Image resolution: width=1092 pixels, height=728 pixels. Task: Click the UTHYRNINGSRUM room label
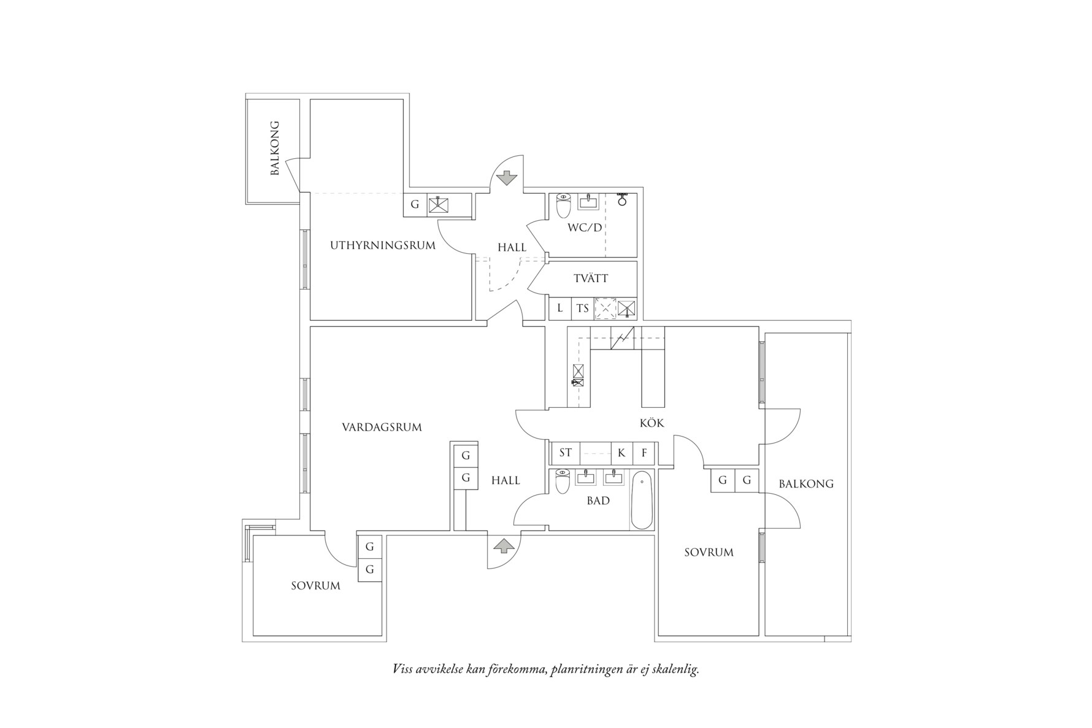click(x=383, y=246)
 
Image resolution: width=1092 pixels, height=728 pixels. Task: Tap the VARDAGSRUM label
click(x=382, y=427)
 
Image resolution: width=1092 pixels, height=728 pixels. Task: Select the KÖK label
click(x=652, y=423)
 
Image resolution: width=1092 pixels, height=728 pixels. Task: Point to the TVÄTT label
click(x=591, y=278)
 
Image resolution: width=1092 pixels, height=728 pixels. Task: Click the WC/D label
click(x=585, y=228)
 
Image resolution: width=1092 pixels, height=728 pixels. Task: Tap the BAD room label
click(x=598, y=501)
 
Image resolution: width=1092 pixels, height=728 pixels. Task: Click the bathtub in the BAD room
click(x=641, y=500)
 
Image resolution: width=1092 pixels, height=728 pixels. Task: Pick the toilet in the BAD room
click(x=563, y=481)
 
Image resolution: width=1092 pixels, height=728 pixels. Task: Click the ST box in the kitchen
click(x=565, y=453)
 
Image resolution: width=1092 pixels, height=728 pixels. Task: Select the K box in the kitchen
click(x=621, y=453)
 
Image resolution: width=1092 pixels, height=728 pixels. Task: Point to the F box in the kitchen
click(x=644, y=453)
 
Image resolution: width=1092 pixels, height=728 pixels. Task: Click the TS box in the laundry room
click(x=582, y=308)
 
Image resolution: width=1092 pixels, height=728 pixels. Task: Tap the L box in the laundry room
click(x=559, y=308)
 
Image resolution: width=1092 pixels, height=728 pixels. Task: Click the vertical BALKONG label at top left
click(x=274, y=148)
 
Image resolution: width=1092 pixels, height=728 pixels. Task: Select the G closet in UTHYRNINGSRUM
click(x=415, y=205)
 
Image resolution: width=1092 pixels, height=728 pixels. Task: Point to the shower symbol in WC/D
click(x=621, y=199)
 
